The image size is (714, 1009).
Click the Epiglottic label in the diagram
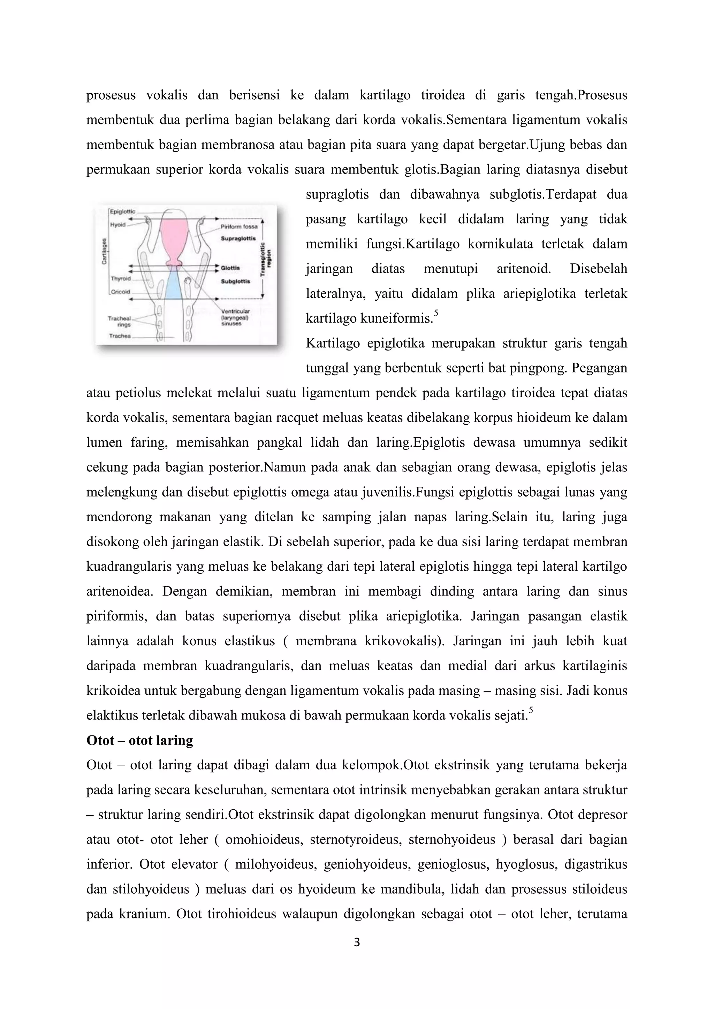(x=122, y=211)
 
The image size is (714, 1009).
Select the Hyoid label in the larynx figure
(x=117, y=225)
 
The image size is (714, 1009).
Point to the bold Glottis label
(x=230, y=268)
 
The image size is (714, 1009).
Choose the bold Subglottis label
(x=235, y=281)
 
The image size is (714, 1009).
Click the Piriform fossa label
(x=239, y=227)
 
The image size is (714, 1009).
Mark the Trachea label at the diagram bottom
(x=120, y=336)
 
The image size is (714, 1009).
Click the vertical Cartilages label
(x=105, y=251)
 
